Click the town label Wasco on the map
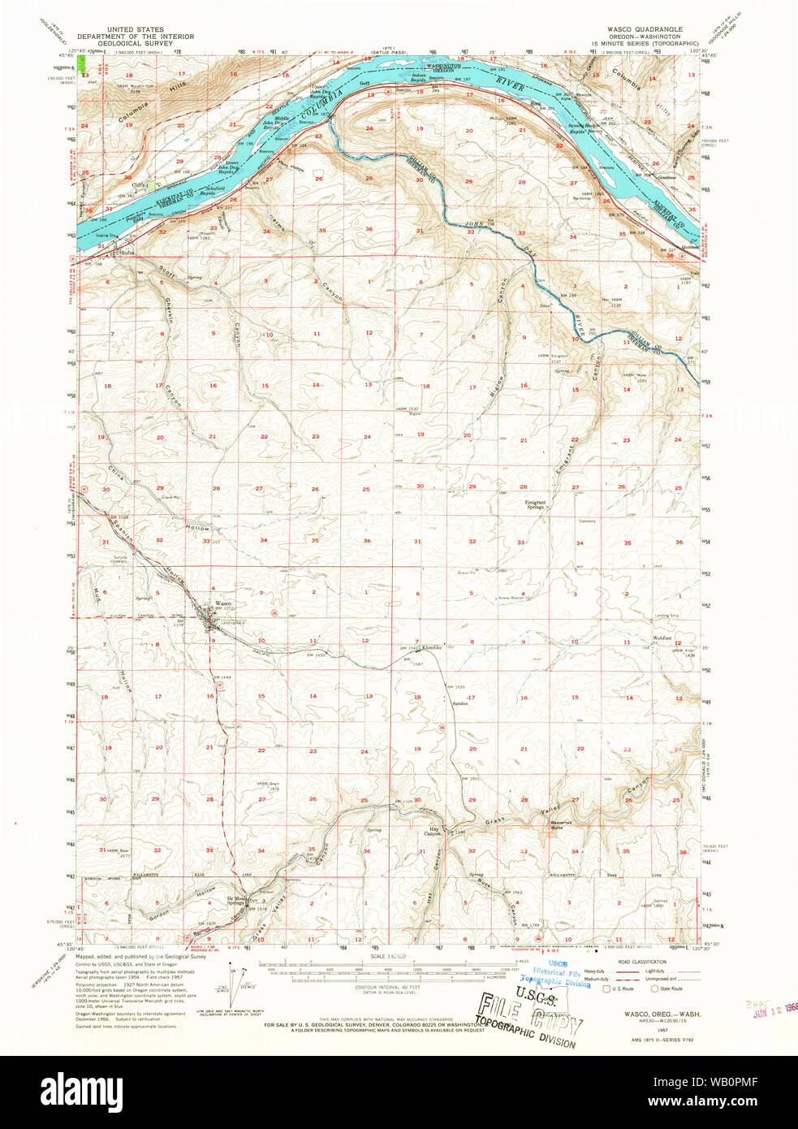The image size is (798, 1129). pos(222,603)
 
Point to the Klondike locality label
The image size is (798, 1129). pos(432,647)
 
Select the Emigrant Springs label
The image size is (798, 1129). pos(535,504)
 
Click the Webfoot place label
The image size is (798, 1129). pos(662,638)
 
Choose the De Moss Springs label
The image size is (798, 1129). pos(235,901)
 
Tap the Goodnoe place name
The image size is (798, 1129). pos(666,177)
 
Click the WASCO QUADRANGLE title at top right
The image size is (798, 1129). pos(645,29)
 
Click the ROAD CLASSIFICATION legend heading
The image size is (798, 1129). pos(642,961)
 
